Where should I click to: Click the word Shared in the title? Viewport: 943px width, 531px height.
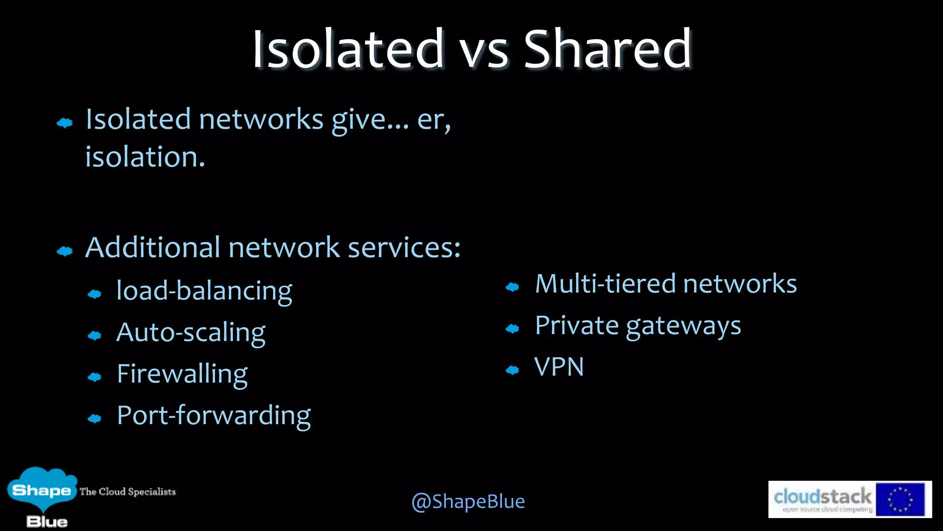[x=608, y=49]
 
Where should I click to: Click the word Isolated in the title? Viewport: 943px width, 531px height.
[x=348, y=49]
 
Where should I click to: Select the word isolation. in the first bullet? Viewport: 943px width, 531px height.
[x=145, y=157]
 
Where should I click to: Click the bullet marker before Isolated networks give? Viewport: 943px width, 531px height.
[x=64, y=123]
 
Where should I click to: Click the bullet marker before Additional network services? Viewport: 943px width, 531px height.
[x=64, y=251]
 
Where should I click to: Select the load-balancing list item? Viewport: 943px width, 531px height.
[x=204, y=291]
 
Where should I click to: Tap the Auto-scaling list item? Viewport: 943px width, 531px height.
[x=191, y=332]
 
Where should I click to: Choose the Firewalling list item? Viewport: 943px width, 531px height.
[x=182, y=374]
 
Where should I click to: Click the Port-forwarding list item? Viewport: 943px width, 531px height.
[x=214, y=415]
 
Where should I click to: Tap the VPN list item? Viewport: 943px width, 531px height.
[x=559, y=367]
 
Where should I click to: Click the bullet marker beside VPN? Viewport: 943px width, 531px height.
[x=512, y=370]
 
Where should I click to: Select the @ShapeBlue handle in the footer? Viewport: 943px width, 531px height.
[x=468, y=501]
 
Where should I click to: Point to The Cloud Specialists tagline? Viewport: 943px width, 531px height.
[x=128, y=492]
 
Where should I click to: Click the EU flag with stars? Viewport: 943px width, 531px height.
[x=900, y=499]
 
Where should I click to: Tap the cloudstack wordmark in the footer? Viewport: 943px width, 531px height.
[x=822, y=497]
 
